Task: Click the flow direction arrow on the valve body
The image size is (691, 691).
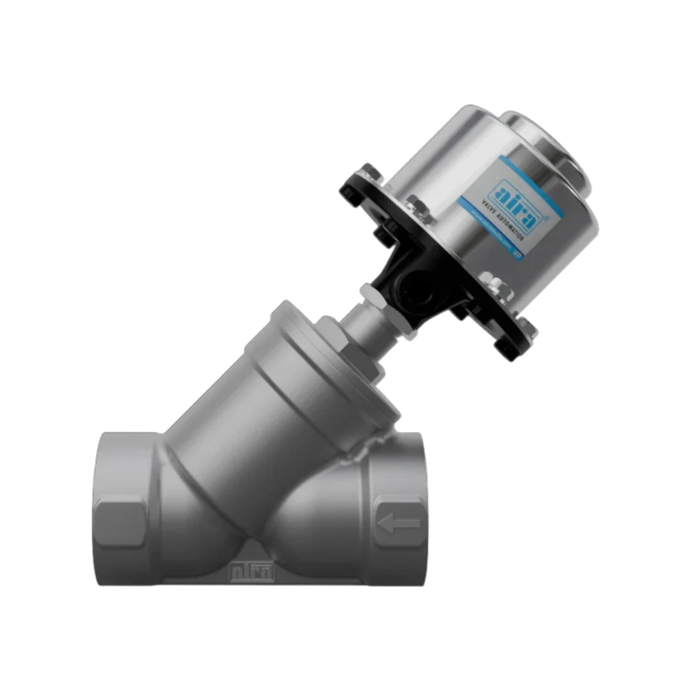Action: coord(399,524)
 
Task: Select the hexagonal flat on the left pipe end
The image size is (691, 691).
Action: coord(120,524)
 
